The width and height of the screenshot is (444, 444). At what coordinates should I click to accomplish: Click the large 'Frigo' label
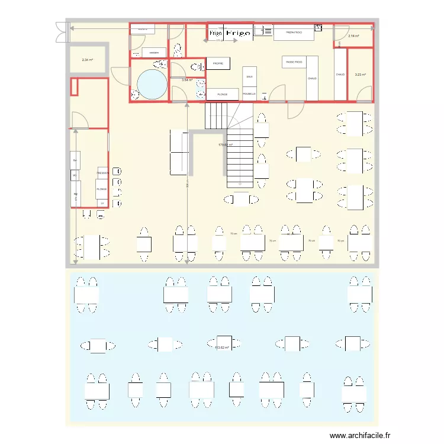[x=239, y=34]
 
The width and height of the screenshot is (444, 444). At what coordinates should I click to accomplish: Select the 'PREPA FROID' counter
[x=294, y=33]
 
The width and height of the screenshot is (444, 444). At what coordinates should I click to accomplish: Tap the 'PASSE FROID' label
[x=294, y=62]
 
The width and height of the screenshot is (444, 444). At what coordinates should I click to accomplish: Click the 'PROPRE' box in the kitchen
[x=218, y=63]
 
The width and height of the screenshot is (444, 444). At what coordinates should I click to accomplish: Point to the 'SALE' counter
[x=249, y=77]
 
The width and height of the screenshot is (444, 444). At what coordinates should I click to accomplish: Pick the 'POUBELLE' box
[x=249, y=94]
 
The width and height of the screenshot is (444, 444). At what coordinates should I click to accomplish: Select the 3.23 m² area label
[x=360, y=75]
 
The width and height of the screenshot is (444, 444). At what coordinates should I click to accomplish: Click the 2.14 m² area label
[x=353, y=36]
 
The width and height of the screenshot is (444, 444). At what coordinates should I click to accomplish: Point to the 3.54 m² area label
[x=187, y=80]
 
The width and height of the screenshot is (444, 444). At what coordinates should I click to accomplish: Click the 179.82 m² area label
[x=226, y=144]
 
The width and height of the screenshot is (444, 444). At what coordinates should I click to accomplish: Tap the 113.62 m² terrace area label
[x=221, y=348]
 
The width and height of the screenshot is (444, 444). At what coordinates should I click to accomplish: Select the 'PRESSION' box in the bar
[x=102, y=173]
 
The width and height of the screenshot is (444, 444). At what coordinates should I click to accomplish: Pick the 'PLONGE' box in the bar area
[x=102, y=189]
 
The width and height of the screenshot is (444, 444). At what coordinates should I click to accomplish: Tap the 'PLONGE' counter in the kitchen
[x=222, y=94]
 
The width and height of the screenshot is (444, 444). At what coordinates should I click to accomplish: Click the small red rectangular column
[x=74, y=87]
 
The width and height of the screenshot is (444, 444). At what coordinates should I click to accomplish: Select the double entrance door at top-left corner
[x=61, y=32]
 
